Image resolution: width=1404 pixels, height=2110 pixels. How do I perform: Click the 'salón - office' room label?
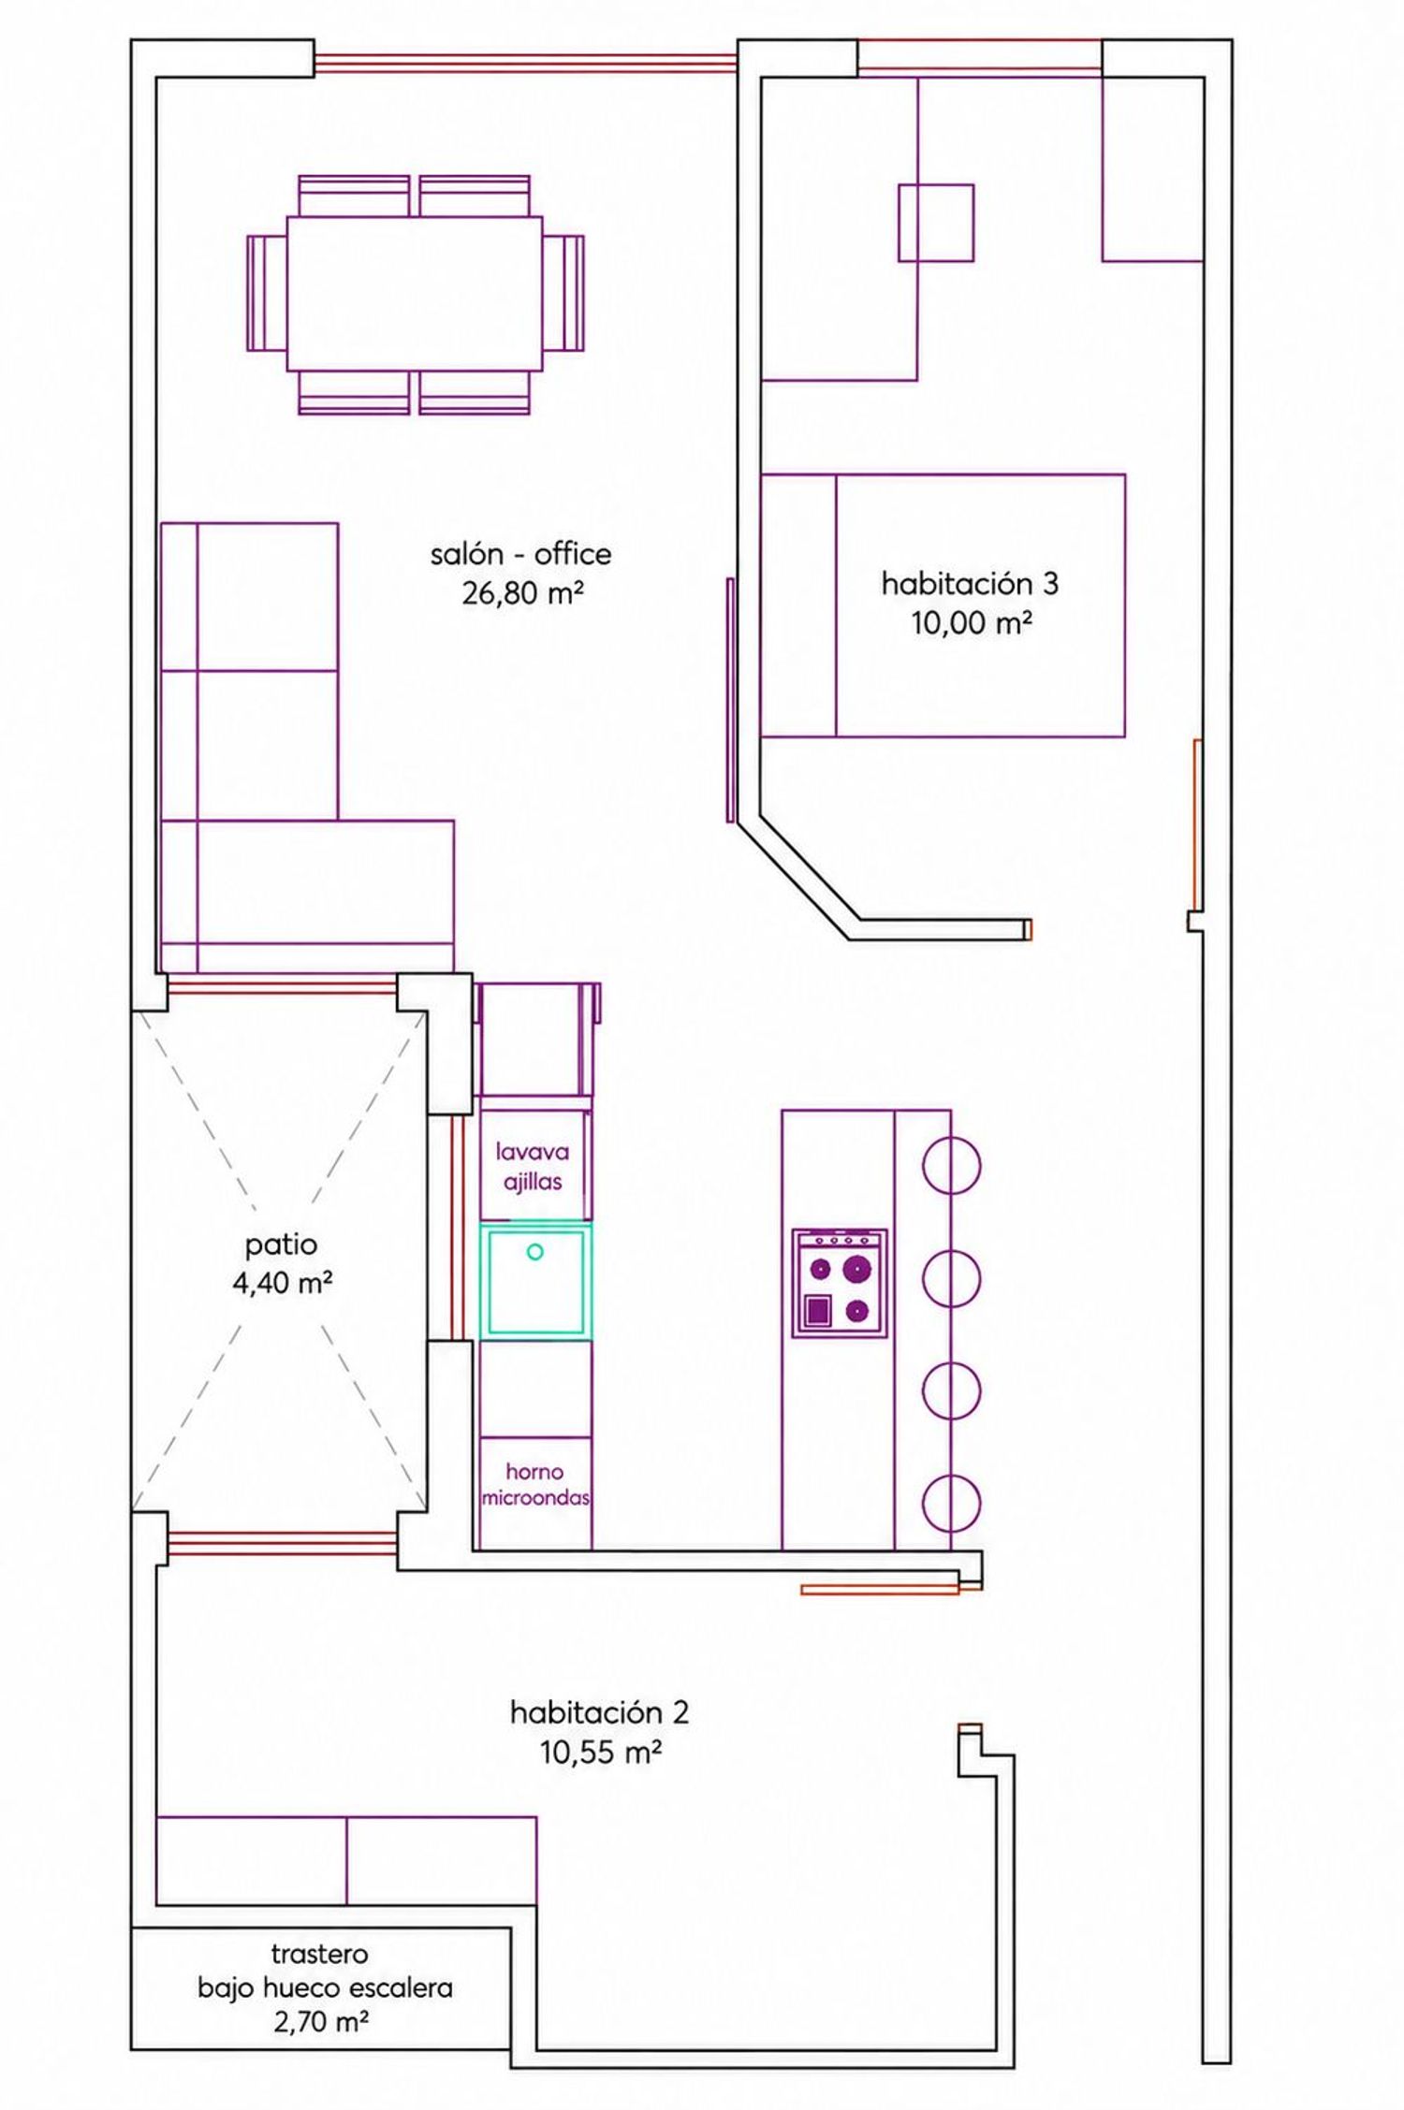(520, 554)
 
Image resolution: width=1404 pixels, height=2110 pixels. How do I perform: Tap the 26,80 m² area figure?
(523, 592)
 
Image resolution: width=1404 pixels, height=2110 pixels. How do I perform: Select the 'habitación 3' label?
(970, 584)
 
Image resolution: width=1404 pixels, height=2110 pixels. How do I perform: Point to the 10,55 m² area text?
(601, 1752)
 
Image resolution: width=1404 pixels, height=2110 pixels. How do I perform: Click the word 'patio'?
(281, 1245)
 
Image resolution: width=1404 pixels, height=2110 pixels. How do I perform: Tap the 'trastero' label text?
(319, 1954)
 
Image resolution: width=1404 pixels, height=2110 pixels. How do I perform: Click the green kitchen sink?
(535, 1281)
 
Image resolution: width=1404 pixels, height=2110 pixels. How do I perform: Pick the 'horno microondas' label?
(535, 1485)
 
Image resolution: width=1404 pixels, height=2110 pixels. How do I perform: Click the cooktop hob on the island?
(840, 1283)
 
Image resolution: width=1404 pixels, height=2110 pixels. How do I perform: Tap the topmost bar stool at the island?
(952, 1166)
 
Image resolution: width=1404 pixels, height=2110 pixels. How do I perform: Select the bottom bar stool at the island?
(952, 1503)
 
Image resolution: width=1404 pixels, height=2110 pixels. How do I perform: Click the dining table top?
(415, 294)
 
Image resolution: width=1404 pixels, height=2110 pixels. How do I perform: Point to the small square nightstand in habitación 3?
(936, 223)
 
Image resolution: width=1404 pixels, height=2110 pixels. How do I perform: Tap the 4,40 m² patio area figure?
(283, 1283)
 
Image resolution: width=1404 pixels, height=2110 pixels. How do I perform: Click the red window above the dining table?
(526, 63)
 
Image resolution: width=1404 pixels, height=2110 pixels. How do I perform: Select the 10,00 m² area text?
(973, 622)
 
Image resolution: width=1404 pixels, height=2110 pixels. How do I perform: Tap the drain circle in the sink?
(535, 1251)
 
